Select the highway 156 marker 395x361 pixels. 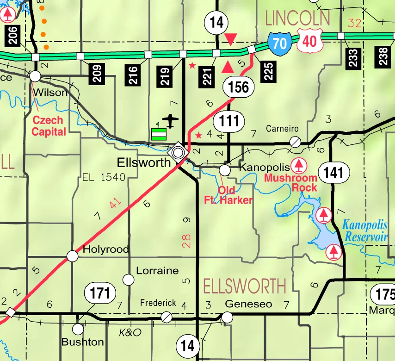click(x=239, y=87)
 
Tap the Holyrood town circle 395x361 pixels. click(x=73, y=255)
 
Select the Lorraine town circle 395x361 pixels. click(x=128, y=280)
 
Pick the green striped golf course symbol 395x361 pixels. click(x=159, y=133)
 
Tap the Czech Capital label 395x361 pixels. click(x=48, y=126)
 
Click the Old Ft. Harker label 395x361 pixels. click(x=228, y=195)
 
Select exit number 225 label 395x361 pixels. click(x=269, y=71)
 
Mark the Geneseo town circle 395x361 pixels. click(x=227, y=317)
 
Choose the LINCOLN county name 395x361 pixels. click(x=297, y=19)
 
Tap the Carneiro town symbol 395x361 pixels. click(x=295, y=142)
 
